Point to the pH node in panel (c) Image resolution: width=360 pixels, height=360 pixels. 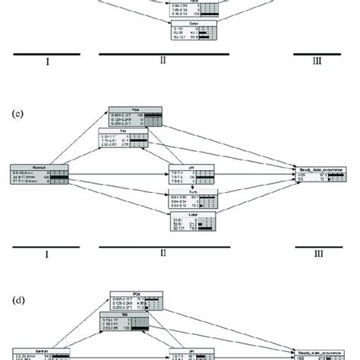[192, 175]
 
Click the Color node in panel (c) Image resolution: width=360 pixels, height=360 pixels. [193, 220]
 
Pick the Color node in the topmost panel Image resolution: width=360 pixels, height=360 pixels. [192, 30]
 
